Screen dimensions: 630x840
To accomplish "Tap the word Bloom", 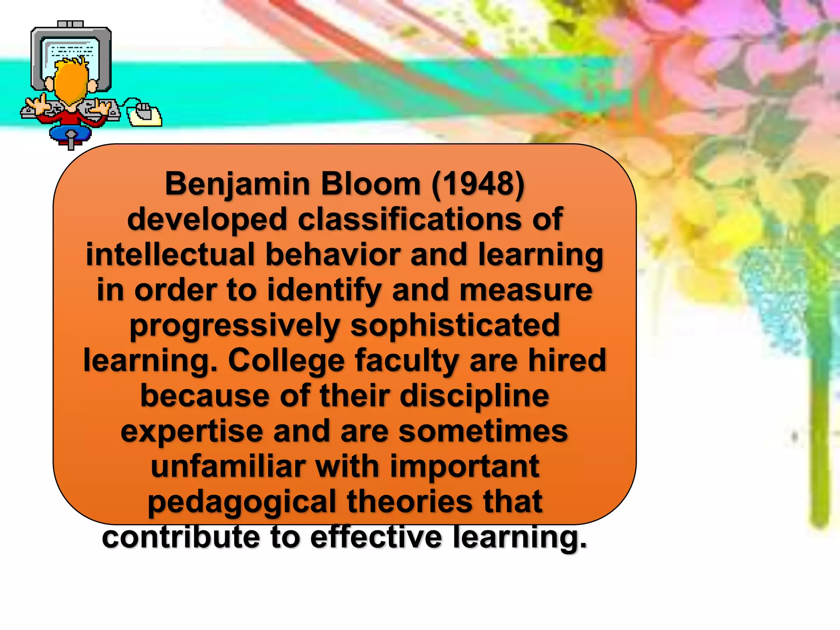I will (x=371, y=184).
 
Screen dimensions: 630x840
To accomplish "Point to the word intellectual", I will (x=171, y=255).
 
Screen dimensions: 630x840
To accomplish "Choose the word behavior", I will (x=333, y=255).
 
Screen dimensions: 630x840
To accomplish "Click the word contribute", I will (x=181, y=537).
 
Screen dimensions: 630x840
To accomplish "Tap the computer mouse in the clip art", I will (x=144, y=113).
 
